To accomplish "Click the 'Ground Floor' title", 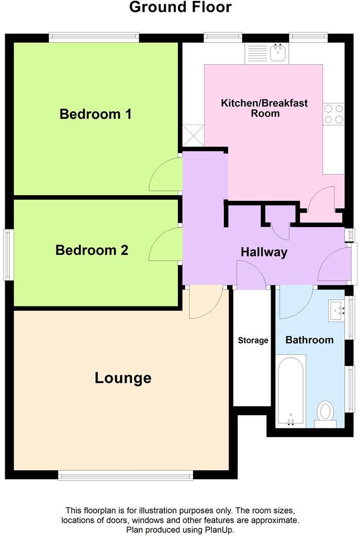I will tap(180, 8).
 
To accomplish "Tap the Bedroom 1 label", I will tap(95, 114).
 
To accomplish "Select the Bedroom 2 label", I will tap(92, 250).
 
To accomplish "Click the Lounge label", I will tap(123, 378).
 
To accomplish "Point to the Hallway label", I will tap(264, 252).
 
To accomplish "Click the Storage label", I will tap(253, 340).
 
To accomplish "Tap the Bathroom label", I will tap(309, 340).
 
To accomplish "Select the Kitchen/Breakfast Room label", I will tap(264, 108).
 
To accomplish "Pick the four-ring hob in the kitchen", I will tap(333, 115).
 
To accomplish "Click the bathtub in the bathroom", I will tap(291, 391).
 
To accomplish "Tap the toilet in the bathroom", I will tap(326, 414).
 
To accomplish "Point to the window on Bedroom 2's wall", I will tap(7, 254).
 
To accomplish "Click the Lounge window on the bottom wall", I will tap(126, 475).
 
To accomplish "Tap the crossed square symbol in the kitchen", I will tap(193, 135).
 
